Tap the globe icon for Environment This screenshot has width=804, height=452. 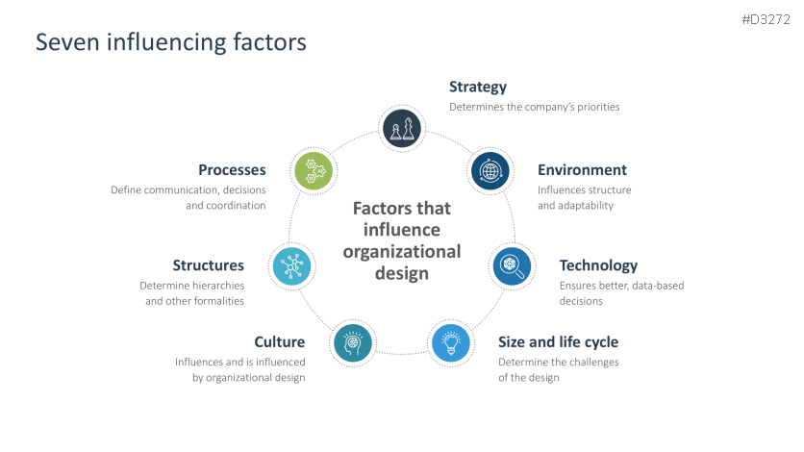click(x=490, y=171)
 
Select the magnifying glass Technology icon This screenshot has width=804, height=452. click(x=512, y=265)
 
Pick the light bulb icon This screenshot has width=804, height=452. click(x=450, y=342)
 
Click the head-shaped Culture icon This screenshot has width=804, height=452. click(x=352, y=342)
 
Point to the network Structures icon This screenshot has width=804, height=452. click(x=290, y=265)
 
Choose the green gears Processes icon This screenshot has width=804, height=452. click(x=313, y=171)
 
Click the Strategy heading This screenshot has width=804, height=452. click(x=478, y=88)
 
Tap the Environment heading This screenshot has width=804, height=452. click(x=582, y=170)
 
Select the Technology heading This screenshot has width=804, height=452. click(x=598, y=265)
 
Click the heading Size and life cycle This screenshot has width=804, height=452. click(x=558, y=342)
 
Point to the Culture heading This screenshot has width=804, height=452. click(x=280, y=342)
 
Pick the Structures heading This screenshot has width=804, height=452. click(x=209, y=265)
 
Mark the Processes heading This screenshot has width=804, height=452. click(x=232, y=170)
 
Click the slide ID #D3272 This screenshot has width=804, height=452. click(x=766, y=19)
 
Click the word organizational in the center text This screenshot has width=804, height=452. click(x=402, y=252)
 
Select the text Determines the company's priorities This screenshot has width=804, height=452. click(x=535, y=107)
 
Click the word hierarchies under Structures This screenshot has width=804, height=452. click(x=218, y=286)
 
